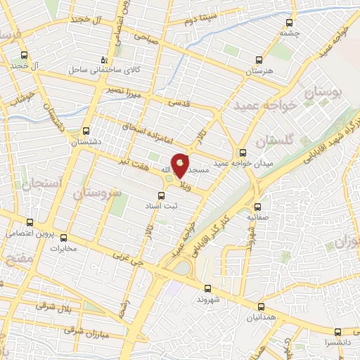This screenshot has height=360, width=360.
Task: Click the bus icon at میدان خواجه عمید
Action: pos(243,151)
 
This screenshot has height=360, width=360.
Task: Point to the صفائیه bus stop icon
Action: pos(258,207)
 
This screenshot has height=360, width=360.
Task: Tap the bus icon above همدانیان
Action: pos(260,306)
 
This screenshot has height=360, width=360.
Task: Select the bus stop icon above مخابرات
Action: pos(64,237)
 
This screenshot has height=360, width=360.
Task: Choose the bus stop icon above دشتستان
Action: pos(86,130)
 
